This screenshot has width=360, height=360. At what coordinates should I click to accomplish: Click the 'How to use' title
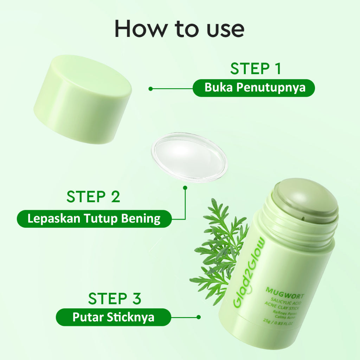[179, 29]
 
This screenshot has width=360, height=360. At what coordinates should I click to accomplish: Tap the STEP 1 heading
[256, 69]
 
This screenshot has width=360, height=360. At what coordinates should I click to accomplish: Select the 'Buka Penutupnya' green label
[253, 88]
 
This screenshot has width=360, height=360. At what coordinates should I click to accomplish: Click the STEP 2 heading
[93, 197]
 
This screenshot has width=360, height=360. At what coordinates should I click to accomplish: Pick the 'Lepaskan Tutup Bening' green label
[94, 219]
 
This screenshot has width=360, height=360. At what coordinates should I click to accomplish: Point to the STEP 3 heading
[114, 298]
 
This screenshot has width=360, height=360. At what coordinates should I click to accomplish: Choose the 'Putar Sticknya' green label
[113, 317]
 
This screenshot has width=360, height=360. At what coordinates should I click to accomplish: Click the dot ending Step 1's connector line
[150, 89]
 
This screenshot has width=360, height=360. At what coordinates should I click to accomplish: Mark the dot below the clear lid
[185, 188]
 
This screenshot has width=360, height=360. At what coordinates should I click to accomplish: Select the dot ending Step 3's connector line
[199, 317]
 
